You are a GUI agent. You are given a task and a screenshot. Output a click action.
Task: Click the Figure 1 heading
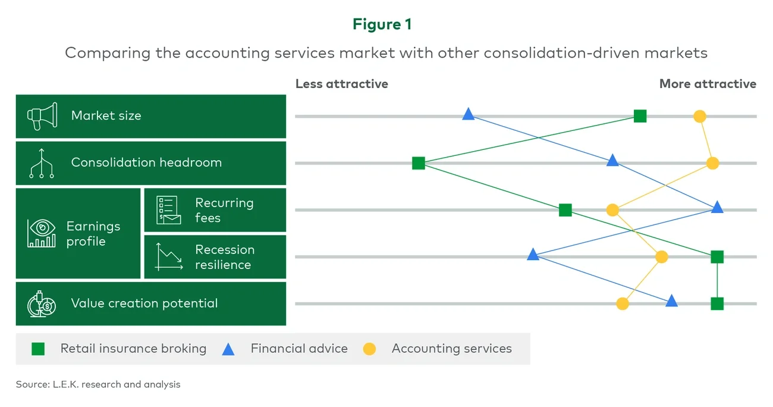point(382,24)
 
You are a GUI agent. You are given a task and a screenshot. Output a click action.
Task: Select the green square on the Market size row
point(640,116)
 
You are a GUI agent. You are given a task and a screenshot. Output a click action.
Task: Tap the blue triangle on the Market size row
point(469,114)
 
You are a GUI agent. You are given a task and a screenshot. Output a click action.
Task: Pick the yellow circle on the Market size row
point(700,116)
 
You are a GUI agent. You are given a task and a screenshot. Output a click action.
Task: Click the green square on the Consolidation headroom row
point(419,163)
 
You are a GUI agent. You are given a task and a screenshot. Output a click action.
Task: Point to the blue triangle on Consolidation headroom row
point(612,161)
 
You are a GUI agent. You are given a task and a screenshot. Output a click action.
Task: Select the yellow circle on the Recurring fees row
point(612,210)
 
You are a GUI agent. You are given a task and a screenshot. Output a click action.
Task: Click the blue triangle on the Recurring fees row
point(717,208)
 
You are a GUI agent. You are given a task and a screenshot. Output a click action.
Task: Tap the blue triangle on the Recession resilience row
point(533,255)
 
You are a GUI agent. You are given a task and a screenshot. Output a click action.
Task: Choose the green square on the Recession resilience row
point(717,256)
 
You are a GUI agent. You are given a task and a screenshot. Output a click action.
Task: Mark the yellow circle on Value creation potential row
point(623,303)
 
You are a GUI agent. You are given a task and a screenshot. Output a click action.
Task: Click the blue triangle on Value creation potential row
point(671,302)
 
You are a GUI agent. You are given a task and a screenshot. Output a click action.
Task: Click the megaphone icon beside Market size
point(42,116)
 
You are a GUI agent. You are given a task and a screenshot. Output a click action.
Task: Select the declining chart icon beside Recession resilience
point(169,257)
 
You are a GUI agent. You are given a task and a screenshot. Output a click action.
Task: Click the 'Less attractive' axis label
point(341,84)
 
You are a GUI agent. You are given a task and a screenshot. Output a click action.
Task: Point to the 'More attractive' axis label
point(708,84)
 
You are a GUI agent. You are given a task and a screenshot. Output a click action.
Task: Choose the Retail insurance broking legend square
point(38,349)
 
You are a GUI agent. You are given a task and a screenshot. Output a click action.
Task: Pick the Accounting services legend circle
point(369,349)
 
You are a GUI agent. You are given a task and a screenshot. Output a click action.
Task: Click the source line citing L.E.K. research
point(98,384)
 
